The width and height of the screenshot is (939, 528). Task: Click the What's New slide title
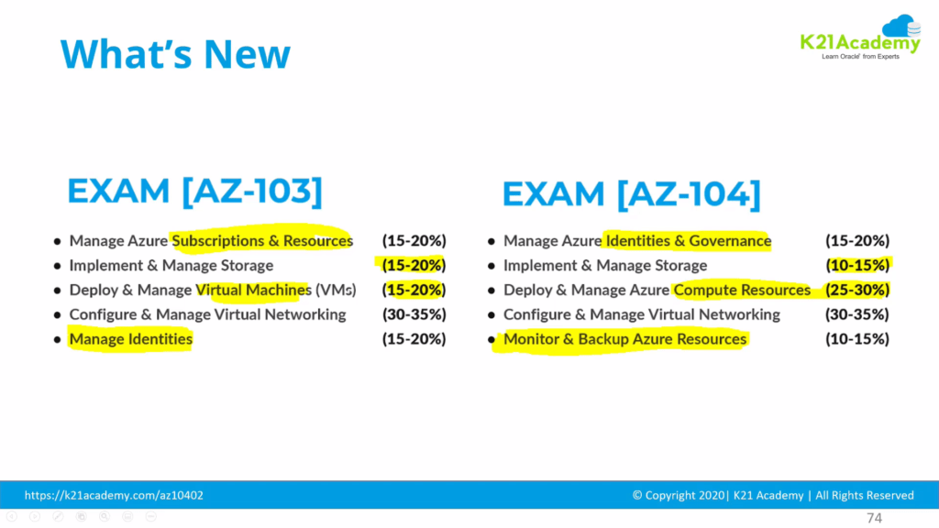175,54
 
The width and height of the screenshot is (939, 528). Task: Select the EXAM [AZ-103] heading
195,192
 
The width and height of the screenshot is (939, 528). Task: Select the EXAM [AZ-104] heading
631,193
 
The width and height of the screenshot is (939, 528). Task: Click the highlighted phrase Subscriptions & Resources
262,241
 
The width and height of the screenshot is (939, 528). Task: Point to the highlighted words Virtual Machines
254,290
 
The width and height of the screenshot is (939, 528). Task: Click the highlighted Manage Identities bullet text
131,339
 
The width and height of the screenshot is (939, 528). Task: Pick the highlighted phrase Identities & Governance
688,241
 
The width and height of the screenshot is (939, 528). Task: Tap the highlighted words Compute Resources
742,290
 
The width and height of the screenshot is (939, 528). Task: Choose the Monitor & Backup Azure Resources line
624,339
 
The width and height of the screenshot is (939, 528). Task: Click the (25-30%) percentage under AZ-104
857,290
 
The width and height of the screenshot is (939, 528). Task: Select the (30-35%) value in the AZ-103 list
414,314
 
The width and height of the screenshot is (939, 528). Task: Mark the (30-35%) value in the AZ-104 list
857,314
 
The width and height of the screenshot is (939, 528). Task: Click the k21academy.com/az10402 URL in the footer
114,495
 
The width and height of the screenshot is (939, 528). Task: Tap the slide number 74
874,519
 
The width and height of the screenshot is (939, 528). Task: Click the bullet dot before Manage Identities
57,340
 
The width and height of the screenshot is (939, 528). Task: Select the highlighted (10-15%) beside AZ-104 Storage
857,266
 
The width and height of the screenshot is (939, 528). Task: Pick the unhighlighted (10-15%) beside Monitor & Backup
857,339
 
